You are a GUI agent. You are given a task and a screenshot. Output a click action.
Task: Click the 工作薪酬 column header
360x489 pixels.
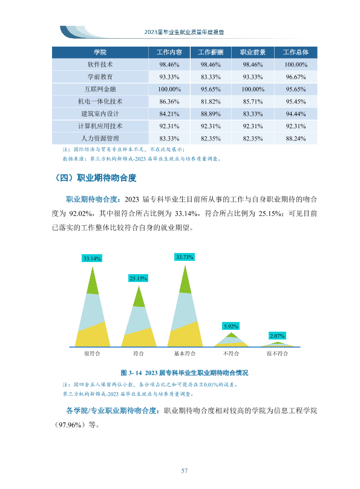click(x=211, y=52)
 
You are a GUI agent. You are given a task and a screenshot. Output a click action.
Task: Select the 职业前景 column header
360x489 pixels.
click(x=252, y=52)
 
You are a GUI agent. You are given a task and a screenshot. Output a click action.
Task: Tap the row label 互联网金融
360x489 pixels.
click(x=100, y=89)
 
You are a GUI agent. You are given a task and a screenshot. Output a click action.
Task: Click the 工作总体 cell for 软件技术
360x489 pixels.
click(x=295, y=65)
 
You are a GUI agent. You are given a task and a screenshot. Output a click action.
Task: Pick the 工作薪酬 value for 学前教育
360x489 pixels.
click(x=211, y=77)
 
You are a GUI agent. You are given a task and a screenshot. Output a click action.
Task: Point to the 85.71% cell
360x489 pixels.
click(x=252, y=102)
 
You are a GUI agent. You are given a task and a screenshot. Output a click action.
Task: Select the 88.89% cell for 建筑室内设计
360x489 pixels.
click(x=211, y=114)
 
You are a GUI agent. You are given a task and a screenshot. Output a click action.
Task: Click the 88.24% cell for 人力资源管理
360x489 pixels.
click(x=295, y=139)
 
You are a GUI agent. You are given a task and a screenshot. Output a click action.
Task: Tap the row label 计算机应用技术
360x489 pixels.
click(x=100, y=126)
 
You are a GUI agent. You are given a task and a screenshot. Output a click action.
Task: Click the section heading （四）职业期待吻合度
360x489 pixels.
click(x=96, y=178)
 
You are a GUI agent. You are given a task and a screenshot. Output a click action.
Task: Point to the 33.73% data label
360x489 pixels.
click(x=185, y=257)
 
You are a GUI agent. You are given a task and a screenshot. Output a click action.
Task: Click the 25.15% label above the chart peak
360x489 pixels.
click(x=138, y=278)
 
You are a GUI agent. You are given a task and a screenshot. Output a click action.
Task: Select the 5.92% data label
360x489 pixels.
click(x=231, y=326)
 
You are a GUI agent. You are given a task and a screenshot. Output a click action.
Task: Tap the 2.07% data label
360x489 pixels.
click(x=277, y=336)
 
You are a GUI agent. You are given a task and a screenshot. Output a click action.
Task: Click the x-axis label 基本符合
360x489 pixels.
click(x=185, y=353)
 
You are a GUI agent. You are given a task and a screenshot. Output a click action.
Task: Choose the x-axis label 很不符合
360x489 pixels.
click(x=277, y=353)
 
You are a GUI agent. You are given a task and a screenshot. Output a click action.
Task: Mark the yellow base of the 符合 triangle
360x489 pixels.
click(x=139, y=338)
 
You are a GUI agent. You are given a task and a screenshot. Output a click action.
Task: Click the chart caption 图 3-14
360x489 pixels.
click(x=185, y=373)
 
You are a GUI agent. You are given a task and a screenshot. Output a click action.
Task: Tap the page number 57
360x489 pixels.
click(x=185, y=471)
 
